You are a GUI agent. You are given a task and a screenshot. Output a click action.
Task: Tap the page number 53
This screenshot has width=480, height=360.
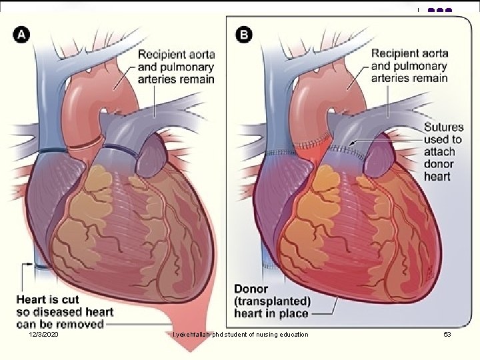click(447, 333)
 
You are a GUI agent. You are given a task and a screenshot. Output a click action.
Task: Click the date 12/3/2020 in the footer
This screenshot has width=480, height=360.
click(44, 333)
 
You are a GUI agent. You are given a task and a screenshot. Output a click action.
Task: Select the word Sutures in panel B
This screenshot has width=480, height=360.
click(443, 127)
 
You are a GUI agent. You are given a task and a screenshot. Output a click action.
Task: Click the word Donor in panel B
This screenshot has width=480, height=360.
click(251, 289)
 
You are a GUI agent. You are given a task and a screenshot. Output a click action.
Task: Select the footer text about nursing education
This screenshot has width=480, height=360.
click(240, 333)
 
